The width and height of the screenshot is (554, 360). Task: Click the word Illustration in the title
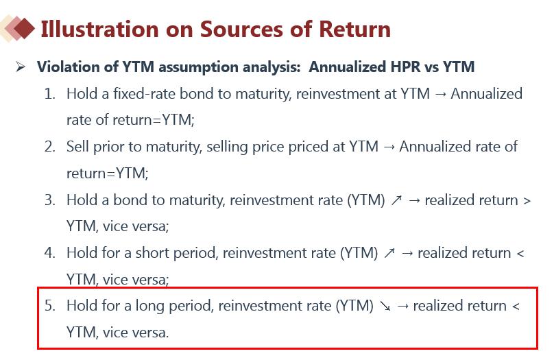99,29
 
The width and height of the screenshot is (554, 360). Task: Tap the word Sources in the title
241,29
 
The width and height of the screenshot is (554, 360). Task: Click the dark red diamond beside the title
24,29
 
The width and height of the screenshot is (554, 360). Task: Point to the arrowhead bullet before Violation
21,67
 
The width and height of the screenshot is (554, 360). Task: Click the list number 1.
50,94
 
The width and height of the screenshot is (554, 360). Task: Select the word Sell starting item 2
77,147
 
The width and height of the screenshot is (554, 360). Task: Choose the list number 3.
50,200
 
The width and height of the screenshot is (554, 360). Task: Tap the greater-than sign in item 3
527,201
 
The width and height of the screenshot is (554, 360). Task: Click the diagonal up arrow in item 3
396,200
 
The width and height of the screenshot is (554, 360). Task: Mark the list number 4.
50,253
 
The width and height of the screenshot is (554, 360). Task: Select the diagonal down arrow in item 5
385,306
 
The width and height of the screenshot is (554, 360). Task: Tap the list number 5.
50,306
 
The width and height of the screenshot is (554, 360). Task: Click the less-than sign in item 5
516,307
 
